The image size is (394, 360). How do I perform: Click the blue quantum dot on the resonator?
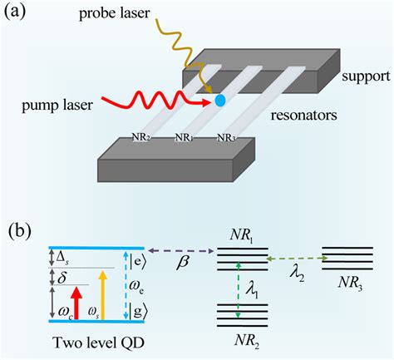220,101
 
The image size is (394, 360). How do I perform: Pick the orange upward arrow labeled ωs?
102,304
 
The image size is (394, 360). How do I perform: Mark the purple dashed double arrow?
180,249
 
